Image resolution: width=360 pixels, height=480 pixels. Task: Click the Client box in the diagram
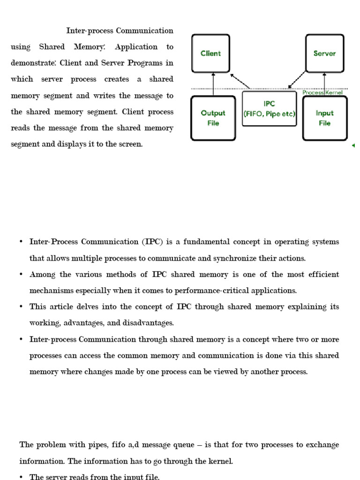click(210, 53)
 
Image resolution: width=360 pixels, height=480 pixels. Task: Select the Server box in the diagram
click(324, 53)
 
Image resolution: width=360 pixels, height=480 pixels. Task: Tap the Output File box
click(213, 118)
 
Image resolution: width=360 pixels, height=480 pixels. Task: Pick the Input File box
click(324, 118)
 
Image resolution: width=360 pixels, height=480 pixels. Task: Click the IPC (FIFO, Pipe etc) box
click(269, 109)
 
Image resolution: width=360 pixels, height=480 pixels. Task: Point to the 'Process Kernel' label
click(322, 93)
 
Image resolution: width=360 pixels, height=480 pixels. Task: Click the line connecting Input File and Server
click(324, 84)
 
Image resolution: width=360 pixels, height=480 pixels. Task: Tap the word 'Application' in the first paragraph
click(136, 47)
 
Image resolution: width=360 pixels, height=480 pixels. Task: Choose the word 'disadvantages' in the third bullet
click(150, 323)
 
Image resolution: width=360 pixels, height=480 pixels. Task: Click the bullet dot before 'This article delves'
click(21, 307)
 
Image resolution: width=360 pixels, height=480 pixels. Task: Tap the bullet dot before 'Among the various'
click(21, 275)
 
